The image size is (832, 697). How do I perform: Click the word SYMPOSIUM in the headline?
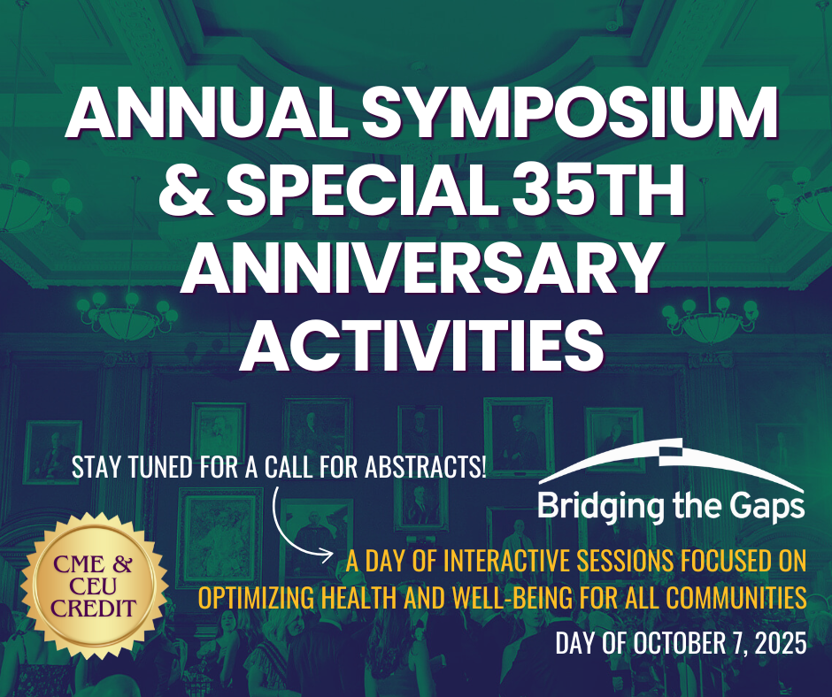click(x=570, y=113)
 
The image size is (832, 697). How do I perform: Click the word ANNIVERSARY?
click(x=420, y=267)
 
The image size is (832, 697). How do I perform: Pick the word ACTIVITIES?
click(x=422, y=344)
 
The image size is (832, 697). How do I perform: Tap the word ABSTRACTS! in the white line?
click(x=426, y=467)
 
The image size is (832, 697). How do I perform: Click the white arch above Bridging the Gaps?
click(x=671, y=461)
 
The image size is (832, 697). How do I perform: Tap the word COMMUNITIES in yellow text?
click(x=736, y=598)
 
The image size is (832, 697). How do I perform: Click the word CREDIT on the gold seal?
click(x=94, y=609)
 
